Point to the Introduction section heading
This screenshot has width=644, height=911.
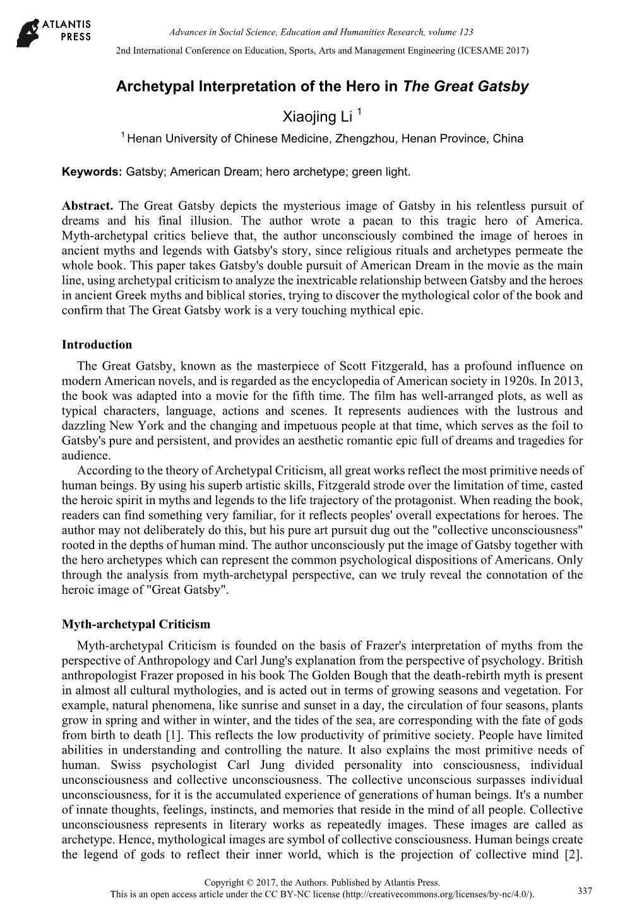click(x=97, y=345)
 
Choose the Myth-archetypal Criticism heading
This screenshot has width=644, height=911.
click(x=136, y=625)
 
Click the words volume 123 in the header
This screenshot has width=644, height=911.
click(x=452, y=32)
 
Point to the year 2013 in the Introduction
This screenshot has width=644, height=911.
click(x=570, y=382)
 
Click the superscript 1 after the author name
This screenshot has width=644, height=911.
click(x=359, y=112)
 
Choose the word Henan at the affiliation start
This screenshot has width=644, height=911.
click(x=142, y=138)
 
